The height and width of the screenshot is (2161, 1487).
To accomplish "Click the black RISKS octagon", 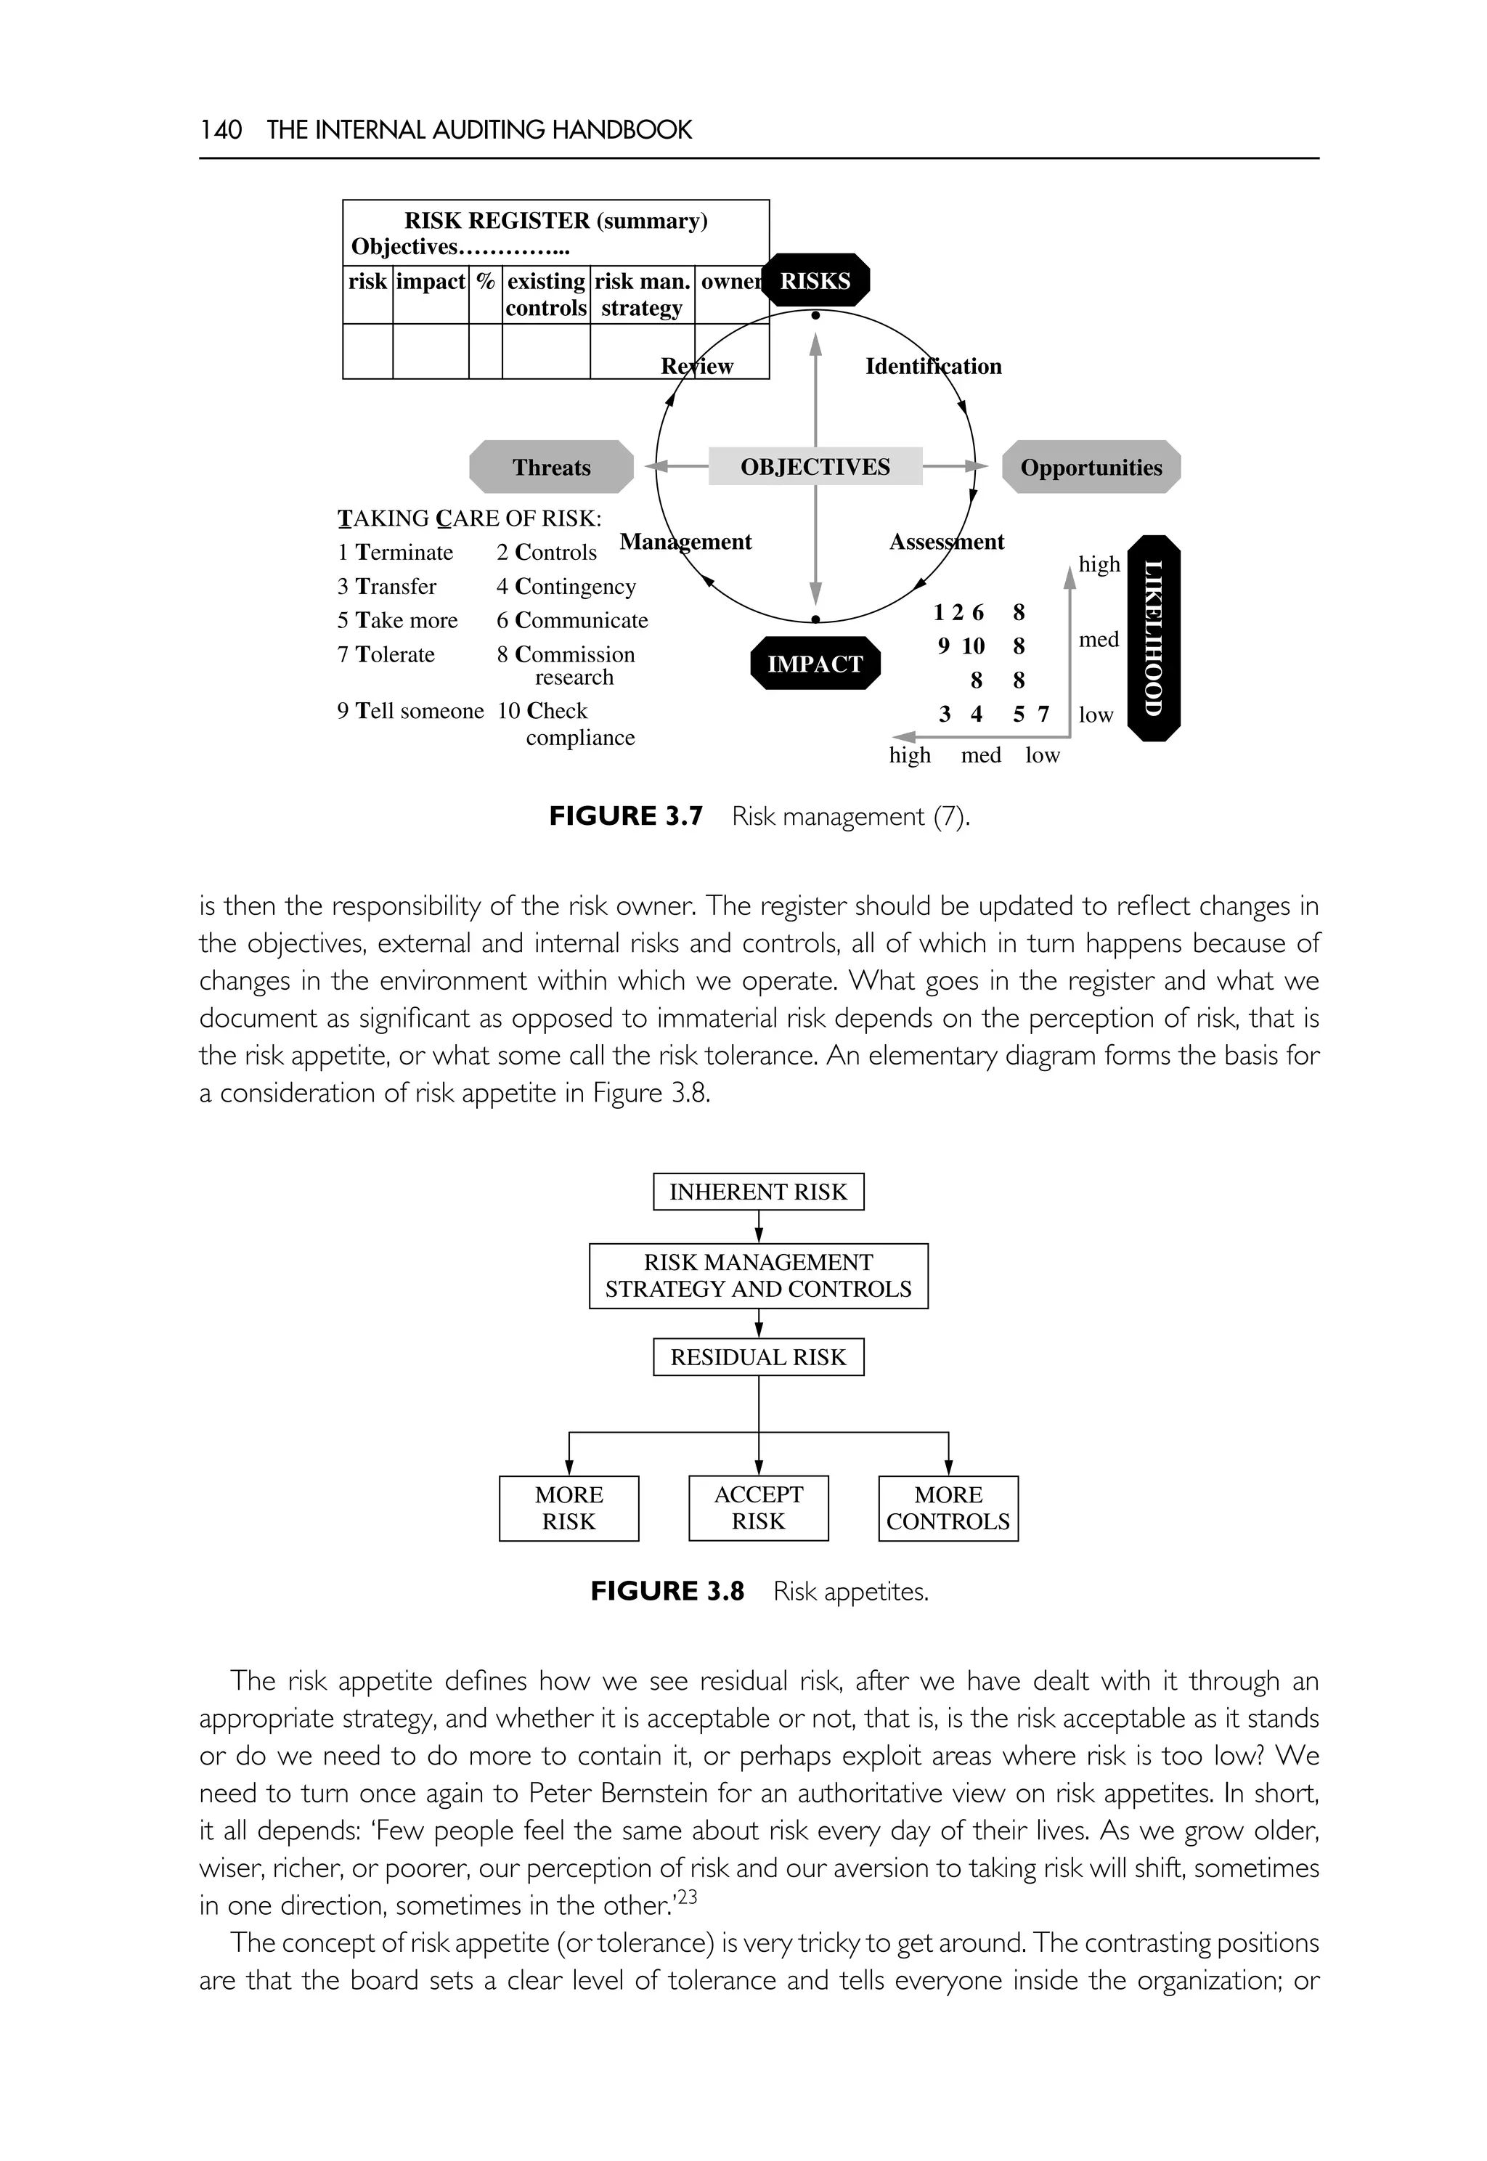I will point(815,280).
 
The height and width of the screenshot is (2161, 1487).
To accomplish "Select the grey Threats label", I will point(552,467).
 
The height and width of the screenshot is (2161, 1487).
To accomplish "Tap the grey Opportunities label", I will point(1091,467).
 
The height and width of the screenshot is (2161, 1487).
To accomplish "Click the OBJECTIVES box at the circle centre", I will point(815,466).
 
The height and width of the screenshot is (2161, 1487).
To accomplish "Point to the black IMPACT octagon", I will point(815,664).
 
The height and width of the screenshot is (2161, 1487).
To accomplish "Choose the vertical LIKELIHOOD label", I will point(1154,638).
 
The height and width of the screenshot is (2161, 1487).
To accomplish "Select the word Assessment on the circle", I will point(947,542).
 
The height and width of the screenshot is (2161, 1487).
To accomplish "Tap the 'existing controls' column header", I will point(546,295).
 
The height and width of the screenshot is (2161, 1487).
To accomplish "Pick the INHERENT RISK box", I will point(759,1192).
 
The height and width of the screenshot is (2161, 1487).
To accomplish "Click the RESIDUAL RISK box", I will point(759,1357).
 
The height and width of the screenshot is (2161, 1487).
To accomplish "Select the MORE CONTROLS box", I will point(948,1507).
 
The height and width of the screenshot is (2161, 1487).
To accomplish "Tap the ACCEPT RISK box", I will point(759,1507).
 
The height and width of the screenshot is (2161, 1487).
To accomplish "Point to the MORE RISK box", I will point(569,1507).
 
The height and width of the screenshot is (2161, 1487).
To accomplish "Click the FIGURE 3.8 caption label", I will point(667,1591).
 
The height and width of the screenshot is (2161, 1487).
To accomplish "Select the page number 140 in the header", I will point(221,129).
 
